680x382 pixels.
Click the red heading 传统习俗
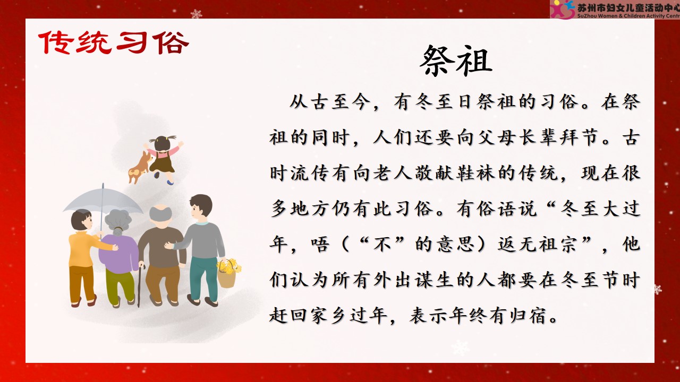click(x=114, y=42)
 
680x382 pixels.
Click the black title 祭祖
click(x=456, y=61)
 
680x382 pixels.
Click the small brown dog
click(x=140, y=167)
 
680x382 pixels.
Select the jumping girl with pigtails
click(x=164, y=159)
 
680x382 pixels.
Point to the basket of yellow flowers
click(x=228, y=273)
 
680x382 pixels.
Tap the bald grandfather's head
click(x=160, y=216)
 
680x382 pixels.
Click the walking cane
click(x=140, y=285)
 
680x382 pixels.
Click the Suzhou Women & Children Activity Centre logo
click(x=615, y=9)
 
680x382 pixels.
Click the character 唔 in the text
click(x=320, y=245)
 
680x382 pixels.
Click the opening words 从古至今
click(x=330, y=102)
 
